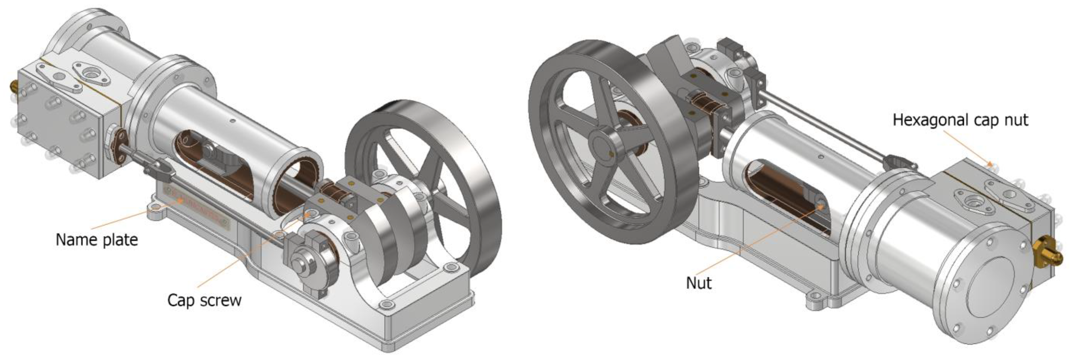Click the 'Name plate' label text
point(97,240)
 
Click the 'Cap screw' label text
point(204,300)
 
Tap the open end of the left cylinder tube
point(298,183)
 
